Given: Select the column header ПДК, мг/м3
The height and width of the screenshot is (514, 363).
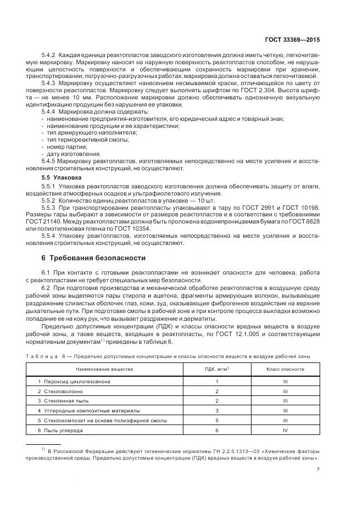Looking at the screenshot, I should tap(217, 371).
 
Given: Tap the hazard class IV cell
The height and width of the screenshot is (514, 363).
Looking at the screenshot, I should tap(285, 430).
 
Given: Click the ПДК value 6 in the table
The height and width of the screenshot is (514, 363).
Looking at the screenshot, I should tap(217, 430).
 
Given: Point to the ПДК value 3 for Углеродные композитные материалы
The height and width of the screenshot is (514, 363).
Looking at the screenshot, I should tap(217, 411).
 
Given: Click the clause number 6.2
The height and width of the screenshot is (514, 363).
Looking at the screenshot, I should tap(46, 287).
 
